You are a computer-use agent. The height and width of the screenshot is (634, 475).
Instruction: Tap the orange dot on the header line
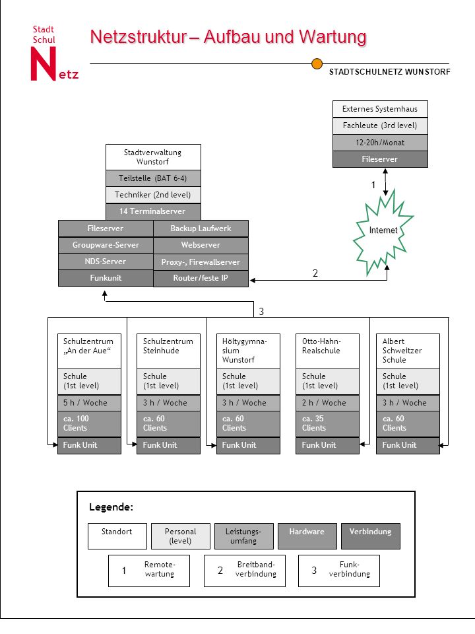317,63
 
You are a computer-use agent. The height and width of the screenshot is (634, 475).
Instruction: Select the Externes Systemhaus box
380,109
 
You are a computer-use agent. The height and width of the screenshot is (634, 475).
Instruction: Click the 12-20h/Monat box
380,143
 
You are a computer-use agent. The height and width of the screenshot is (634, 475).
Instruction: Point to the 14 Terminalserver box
153,211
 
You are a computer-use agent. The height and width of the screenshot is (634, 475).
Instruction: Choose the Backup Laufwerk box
201,229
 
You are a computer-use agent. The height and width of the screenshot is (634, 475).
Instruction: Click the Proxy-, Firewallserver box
201,262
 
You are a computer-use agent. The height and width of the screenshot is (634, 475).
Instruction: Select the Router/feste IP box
201,278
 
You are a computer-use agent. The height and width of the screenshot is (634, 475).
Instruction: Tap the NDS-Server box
106,262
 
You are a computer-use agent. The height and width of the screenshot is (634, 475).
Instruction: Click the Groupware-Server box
106,245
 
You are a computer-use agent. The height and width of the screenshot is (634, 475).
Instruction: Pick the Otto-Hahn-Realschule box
328,351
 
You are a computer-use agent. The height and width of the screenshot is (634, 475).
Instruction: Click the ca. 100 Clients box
89,424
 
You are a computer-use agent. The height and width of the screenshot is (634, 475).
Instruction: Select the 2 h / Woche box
328,403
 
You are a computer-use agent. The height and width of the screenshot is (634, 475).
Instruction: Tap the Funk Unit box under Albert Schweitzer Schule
408,445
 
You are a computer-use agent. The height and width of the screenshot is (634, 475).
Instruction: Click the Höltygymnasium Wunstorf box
249,351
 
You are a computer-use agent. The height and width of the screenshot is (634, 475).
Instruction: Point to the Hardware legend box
307,536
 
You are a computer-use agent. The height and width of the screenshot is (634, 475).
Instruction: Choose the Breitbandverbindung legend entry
245,571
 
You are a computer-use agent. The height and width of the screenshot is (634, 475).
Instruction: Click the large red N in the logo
44,64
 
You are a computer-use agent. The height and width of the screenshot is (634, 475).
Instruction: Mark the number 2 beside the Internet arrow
315,273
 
